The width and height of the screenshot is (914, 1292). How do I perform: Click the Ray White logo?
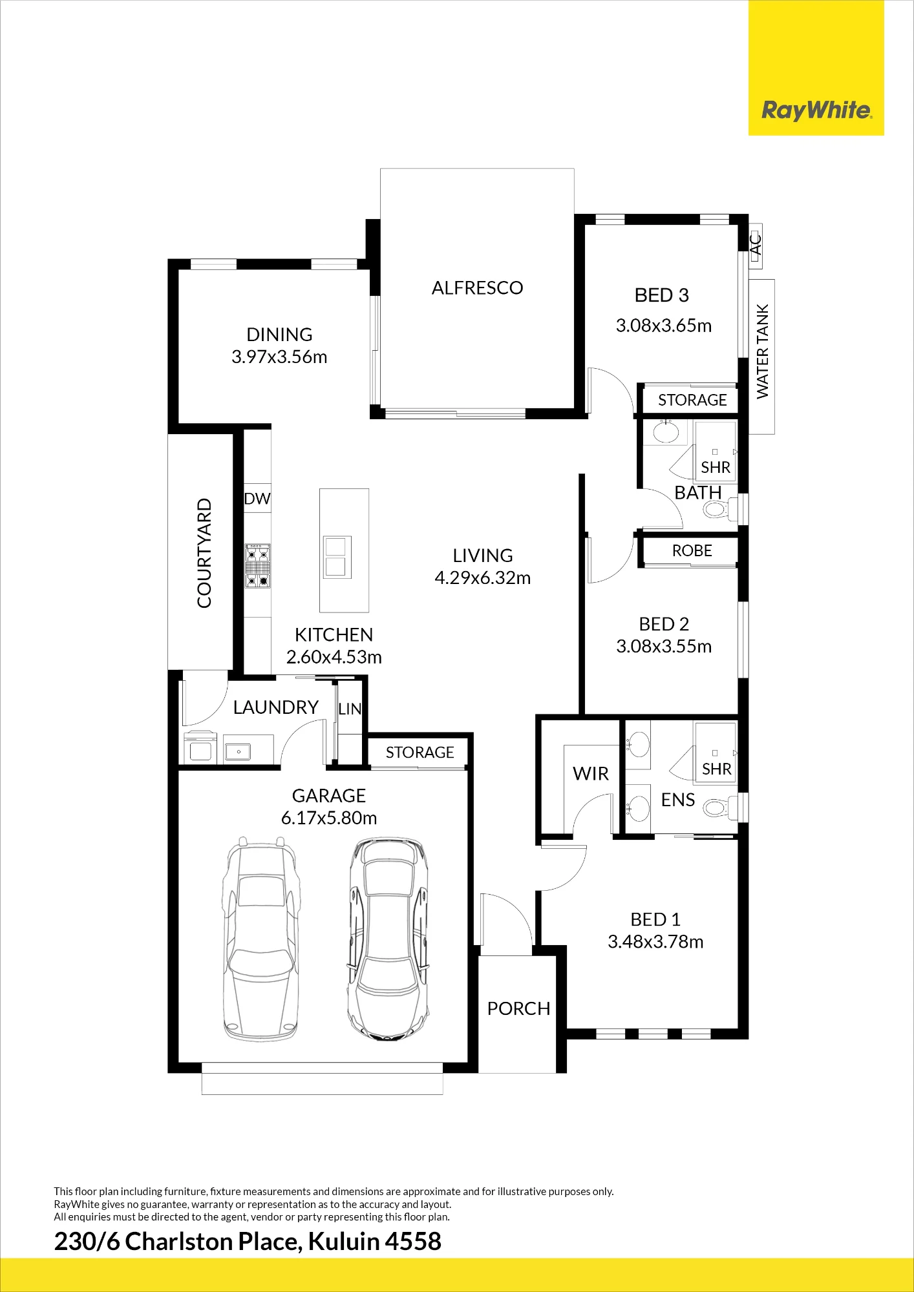[816, 110]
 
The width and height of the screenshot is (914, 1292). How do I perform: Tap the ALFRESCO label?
[477, 288]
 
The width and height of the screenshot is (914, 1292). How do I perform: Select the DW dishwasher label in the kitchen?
[257, 499]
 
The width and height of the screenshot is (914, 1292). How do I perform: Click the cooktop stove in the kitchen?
[257, 566]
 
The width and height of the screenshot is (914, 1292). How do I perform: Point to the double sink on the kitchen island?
[337, 557]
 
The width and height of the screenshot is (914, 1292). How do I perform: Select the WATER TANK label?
[763, 351]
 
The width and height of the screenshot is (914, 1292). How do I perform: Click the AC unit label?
[756, 245]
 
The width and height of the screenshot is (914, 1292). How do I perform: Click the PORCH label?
[518, 1009]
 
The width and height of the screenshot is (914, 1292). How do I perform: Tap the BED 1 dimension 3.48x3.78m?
[655, 942]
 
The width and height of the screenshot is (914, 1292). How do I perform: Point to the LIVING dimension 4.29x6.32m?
[483, 578]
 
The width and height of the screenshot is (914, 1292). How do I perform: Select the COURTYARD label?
[204, 553]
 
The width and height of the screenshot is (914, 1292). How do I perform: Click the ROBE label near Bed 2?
[692, 551]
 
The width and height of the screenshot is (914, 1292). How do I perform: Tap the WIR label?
[591, 774]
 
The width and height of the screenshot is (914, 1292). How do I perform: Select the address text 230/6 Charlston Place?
[176, 1242]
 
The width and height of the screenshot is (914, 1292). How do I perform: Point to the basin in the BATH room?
[666, 431]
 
